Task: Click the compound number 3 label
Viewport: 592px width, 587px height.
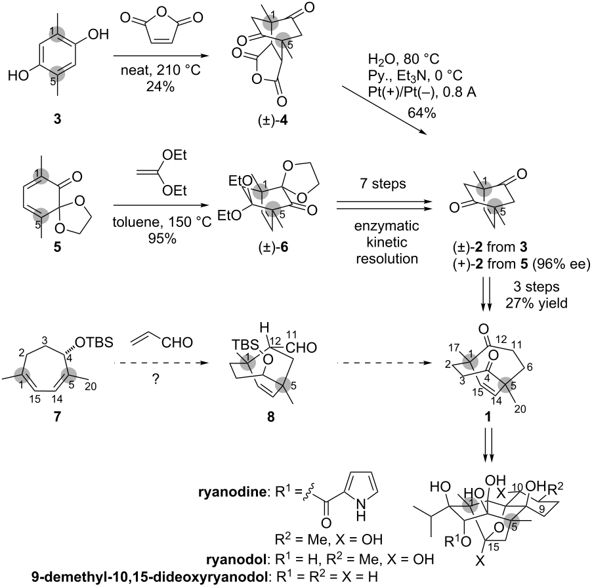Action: [57, 119]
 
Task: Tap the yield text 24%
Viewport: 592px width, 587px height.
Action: [160, 87]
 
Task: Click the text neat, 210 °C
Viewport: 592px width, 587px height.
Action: [160, 70]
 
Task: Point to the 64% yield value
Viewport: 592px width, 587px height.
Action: [422, 113]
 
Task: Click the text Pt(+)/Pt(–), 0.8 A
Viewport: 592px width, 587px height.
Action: [422, 92]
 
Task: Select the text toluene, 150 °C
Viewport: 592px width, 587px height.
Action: [162, 222]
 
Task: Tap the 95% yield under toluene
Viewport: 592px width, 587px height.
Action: [162, 239]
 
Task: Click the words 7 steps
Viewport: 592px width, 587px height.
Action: [383, 184]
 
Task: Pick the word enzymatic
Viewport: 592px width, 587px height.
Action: [387, 226]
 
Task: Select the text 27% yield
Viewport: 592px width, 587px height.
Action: [536, 303]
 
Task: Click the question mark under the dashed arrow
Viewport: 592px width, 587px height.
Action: [155, 379]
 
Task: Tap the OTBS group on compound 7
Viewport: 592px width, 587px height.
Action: [94, 342]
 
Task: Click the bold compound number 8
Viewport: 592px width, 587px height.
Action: [270, 417]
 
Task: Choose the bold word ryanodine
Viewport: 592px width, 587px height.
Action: [232, 493]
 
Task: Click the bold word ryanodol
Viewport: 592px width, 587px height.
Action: [236, 559]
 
